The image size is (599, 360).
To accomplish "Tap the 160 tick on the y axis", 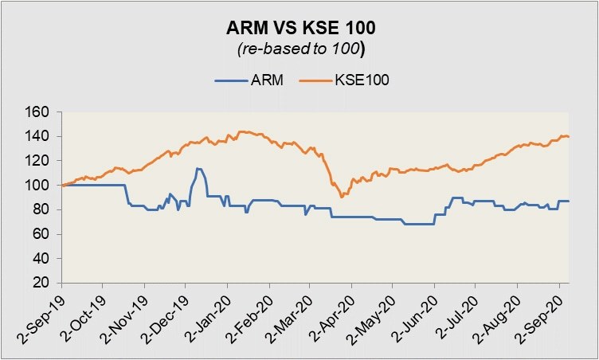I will coord(39,112).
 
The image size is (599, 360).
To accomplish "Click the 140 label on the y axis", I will coord(39,137).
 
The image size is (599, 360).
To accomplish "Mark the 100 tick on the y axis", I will coord(39,186).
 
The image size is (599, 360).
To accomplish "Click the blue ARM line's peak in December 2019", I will coord(198,168).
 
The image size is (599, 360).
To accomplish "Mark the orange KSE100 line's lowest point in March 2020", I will coord(341,196).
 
